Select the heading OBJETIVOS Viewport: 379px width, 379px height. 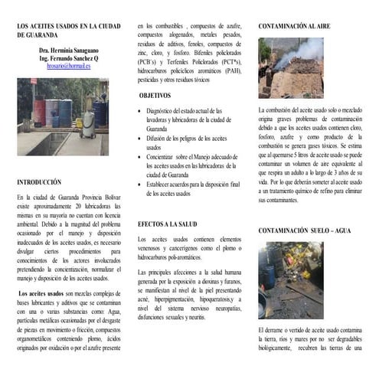click(155, 96)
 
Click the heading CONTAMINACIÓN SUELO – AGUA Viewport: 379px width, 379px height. click(304, 230)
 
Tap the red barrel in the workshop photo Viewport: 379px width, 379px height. click(38, 113)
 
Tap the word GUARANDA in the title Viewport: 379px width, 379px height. click(37, 34)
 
